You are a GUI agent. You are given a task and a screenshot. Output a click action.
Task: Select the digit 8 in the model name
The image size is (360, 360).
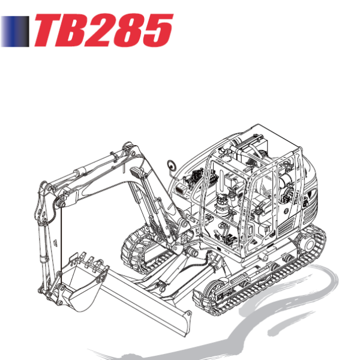[x=128, y=31]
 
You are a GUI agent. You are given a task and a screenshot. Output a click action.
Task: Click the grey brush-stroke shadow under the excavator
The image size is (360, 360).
[x=270, y=324]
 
